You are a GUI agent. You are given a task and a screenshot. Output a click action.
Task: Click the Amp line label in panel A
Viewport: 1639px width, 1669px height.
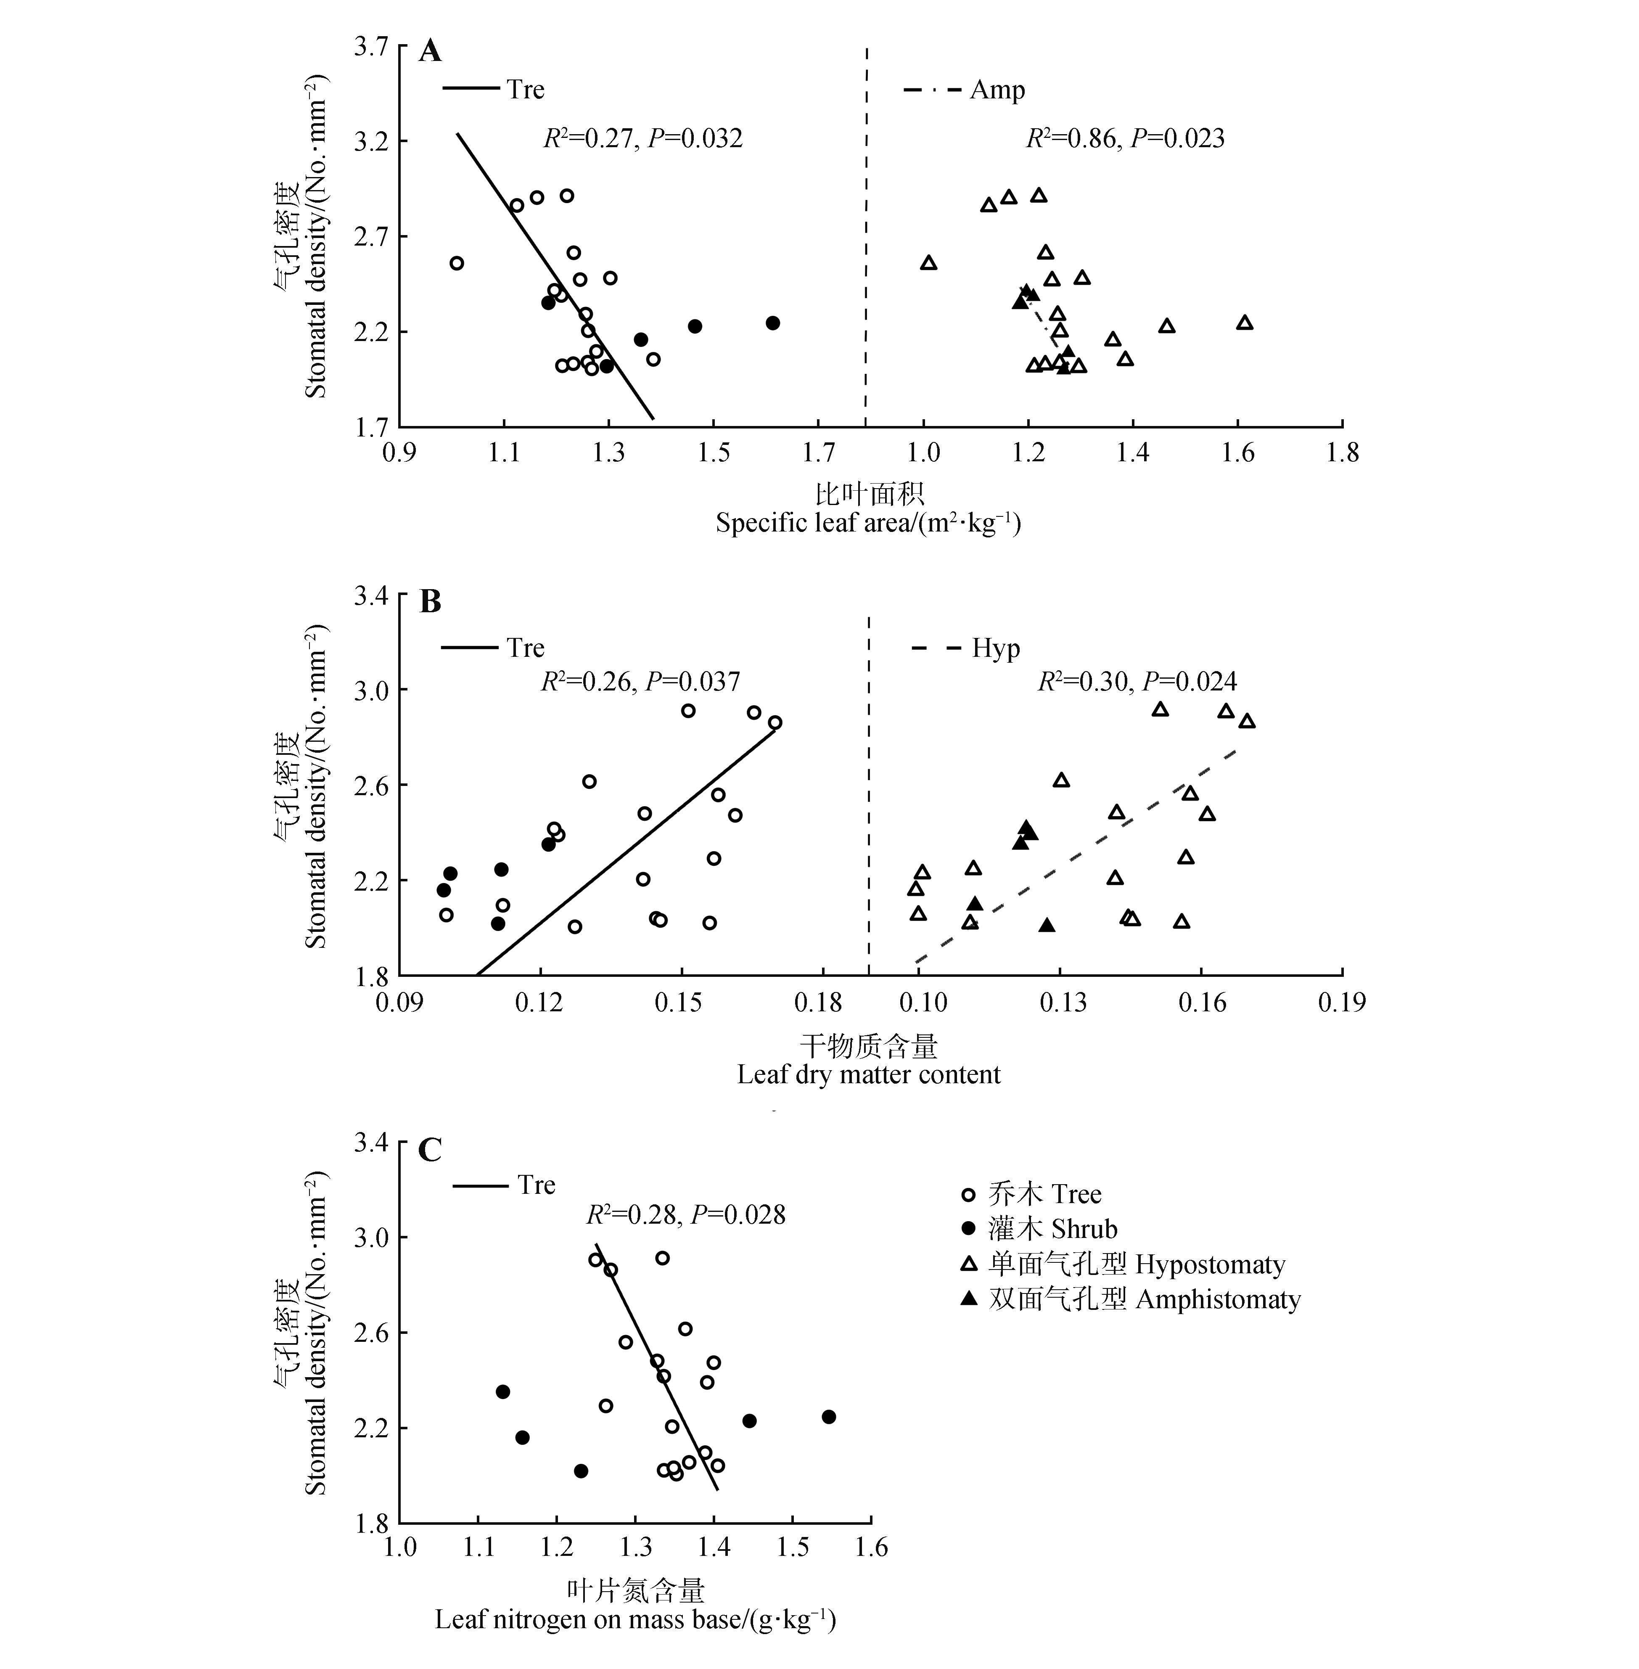coord(997,90)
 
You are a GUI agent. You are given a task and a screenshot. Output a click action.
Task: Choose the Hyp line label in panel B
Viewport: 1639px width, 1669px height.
coord(996,648)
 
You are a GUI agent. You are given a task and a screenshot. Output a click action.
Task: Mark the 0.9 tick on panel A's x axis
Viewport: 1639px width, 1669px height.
coord(399,453)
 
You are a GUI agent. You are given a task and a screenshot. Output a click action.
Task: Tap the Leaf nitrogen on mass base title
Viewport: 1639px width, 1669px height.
coord(635,1620)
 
